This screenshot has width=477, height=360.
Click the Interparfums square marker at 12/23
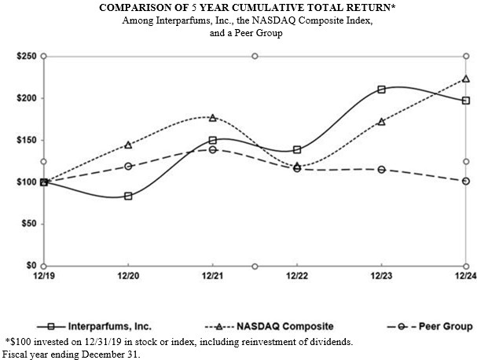(381, 90)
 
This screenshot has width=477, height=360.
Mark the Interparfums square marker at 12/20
(128, 196)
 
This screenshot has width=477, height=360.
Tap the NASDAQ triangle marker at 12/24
(466, 79)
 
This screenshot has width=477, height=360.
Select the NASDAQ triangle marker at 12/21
(212, 118)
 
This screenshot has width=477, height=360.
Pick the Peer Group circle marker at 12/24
(466, 181)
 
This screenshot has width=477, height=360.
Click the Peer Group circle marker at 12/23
(381, 169)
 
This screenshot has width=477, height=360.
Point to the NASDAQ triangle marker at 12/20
(128, 145)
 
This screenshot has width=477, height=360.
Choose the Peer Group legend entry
(445, 325)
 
